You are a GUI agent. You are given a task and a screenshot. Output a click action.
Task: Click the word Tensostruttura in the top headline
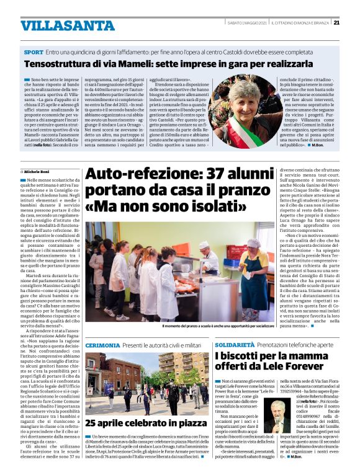click(x=54, y=64)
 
